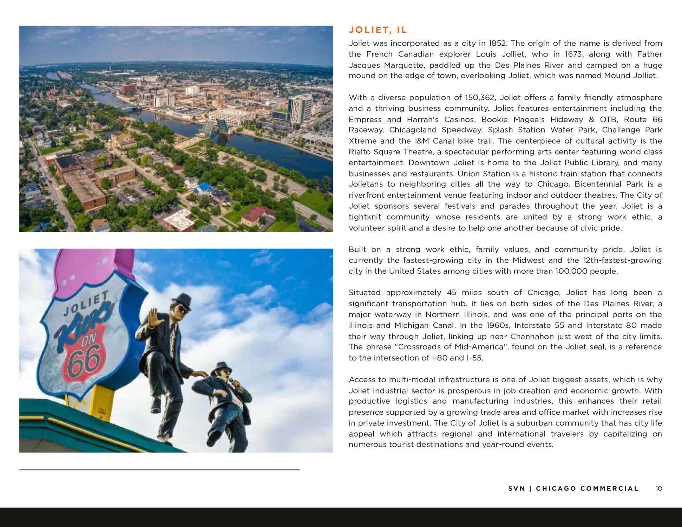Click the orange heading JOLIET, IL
click(x=378, y=30)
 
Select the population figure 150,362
click(x=480, y=98)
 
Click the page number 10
click(x=658, y=489)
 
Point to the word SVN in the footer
click(x=517, y=489)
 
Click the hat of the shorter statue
click(x=221, y=367)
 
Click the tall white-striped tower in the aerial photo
click(x=300, y=109)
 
